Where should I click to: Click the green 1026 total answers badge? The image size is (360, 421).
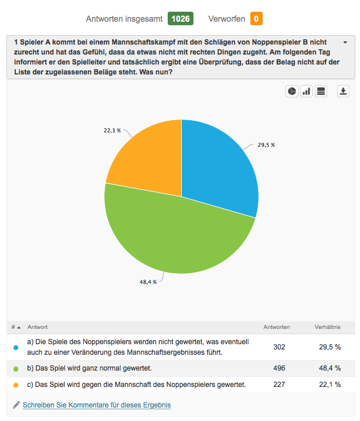point(181,19)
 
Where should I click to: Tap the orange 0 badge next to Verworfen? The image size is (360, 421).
point(256,19)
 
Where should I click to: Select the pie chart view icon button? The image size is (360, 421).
point(292,91)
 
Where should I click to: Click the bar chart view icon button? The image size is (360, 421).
point(306,91)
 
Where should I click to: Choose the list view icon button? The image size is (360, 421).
point(321,91)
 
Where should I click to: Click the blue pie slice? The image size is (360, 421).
point(218,167)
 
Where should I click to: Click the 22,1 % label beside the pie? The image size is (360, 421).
point(112,131)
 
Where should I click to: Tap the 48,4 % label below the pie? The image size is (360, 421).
point(148,282)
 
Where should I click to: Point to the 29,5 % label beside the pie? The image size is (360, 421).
point(266,145)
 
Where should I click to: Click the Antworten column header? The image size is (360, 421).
point(277,327)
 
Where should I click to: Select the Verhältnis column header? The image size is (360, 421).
point(328,327)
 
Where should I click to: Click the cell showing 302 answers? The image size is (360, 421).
point(279,347)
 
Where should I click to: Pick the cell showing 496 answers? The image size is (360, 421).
point(279,368)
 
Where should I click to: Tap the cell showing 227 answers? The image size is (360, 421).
point(279,385)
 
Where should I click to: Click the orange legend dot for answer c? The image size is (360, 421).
point(16,385)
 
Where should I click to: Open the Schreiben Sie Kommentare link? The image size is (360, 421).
point(97,405)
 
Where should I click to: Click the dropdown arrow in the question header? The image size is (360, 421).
point(345,42)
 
